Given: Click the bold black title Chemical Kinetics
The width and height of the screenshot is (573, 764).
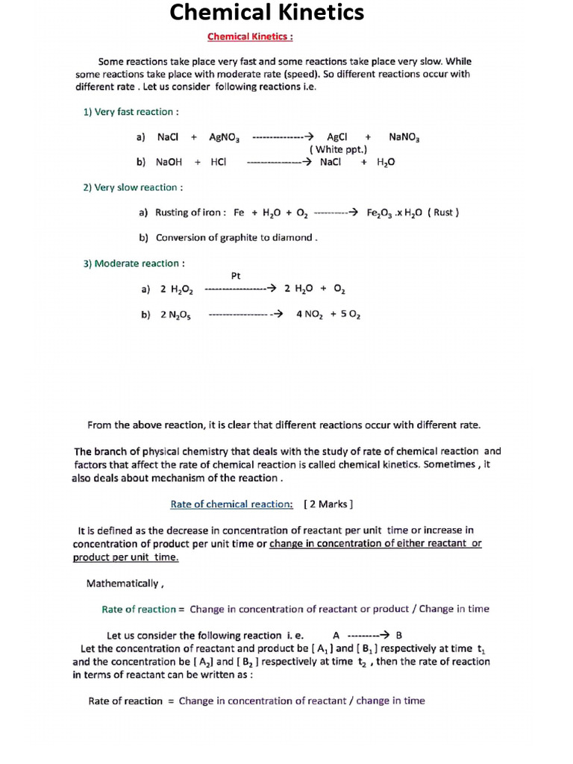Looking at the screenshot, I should pos(267,13).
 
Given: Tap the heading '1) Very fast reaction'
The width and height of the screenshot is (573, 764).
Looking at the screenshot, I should pos(131,112).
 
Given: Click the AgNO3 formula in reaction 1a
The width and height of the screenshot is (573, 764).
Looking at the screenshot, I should pos(224,137).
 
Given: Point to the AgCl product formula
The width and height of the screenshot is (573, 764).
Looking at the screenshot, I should pos(337,137).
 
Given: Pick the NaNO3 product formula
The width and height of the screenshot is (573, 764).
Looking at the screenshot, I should pos(404,137).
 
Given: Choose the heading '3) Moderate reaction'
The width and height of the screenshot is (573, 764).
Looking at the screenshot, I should pos(134,263).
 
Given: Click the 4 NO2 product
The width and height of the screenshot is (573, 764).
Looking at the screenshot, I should pos(309,315).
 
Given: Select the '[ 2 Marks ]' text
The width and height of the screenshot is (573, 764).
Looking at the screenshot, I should pos(328,504).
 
